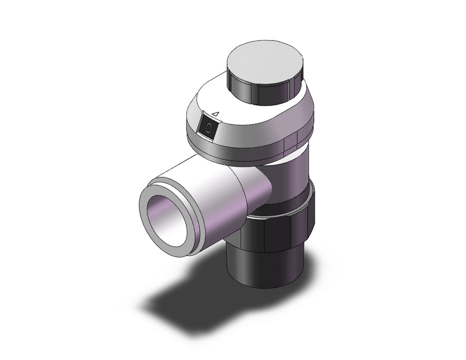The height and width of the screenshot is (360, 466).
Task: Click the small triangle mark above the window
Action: (x=216, y=114)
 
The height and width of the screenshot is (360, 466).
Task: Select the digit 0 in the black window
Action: (x=209, y=128)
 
